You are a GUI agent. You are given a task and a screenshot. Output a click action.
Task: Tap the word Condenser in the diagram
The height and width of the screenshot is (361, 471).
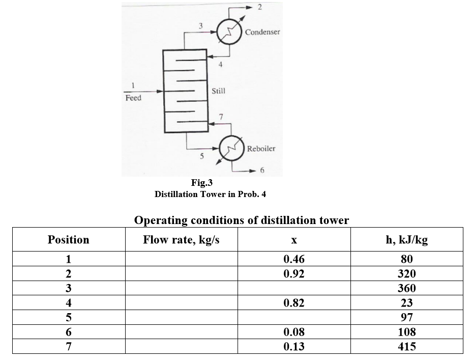click(262, 32)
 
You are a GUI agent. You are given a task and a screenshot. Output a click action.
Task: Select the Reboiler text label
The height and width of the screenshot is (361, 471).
click(261, 149)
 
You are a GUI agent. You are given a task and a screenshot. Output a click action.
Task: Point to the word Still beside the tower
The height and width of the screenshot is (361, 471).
click(219, 91)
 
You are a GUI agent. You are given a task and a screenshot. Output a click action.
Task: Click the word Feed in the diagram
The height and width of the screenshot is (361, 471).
click(133, 98)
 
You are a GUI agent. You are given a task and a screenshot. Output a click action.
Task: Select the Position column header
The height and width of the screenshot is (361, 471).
click(68, 240)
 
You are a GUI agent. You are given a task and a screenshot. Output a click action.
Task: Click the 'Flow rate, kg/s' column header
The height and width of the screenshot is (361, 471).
click(181, 240)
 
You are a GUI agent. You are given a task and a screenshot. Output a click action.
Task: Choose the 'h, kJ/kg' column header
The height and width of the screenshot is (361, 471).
click(407, 240)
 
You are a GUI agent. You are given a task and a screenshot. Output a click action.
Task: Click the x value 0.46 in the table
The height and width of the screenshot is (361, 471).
click(293, 259)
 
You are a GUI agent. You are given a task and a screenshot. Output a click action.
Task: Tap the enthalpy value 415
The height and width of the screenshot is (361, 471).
click(406, 347)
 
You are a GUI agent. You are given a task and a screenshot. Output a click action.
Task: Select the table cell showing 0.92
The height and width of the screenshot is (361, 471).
click(293, 274)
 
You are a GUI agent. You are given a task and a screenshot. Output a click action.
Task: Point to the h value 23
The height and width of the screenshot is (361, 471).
click(406, 303)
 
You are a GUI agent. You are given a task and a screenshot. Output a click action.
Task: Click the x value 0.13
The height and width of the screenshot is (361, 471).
click(293, 347)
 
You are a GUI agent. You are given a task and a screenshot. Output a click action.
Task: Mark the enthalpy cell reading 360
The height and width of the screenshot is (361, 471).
click(406, 288)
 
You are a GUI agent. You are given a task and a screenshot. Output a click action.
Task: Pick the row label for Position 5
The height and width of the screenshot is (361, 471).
click(68, 318)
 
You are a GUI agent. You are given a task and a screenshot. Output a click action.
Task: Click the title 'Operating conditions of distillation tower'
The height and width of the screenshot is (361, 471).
click(241, 220)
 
